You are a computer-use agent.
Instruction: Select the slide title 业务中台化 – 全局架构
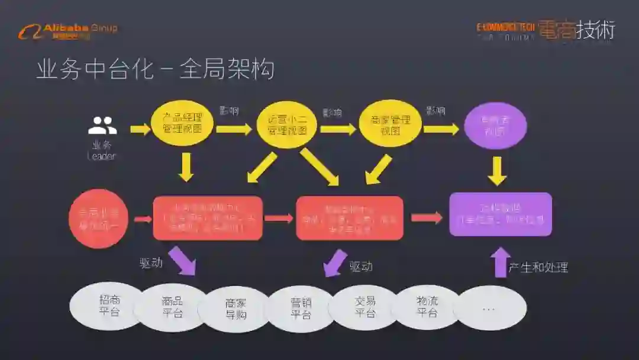155,69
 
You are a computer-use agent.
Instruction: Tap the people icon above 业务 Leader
102,126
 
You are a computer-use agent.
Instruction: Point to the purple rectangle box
501,214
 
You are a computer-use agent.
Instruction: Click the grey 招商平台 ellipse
109,306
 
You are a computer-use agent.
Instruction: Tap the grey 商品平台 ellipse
172,307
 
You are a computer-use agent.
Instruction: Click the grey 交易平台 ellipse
365,307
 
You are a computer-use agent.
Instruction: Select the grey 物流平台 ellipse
427,307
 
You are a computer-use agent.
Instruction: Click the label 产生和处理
538,268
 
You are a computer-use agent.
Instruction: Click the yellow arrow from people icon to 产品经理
140,128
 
